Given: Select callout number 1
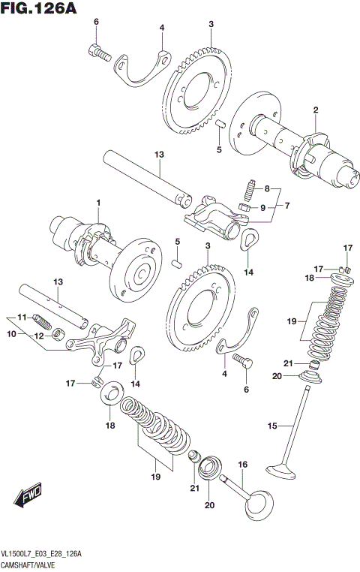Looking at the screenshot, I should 97,203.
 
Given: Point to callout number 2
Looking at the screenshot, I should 316,110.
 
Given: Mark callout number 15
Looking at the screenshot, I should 273,426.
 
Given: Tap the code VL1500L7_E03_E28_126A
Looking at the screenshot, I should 41,554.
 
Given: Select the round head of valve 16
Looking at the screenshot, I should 259,501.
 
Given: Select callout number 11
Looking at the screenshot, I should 22,317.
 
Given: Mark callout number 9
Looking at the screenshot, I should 262,207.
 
